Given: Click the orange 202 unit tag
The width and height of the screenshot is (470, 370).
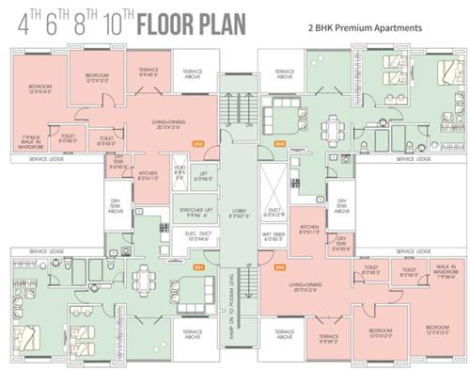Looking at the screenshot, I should click(x=198, y=143).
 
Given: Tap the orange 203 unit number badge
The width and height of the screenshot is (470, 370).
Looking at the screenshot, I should click(x=279, y=143).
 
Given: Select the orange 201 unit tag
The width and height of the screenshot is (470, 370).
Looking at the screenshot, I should click(x=198, y=267).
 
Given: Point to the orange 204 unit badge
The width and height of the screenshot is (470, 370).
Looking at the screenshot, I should click(x=279, y=267).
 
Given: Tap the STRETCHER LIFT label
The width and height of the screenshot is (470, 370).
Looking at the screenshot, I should click(x=194, y=212).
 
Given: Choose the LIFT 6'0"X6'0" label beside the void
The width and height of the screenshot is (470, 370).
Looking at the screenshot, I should click(x=202, y=176).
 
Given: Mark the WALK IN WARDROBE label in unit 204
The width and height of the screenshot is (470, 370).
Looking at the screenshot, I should click(x=439, y=273).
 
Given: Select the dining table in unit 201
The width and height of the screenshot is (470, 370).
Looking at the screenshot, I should click(x=146, y=279).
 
